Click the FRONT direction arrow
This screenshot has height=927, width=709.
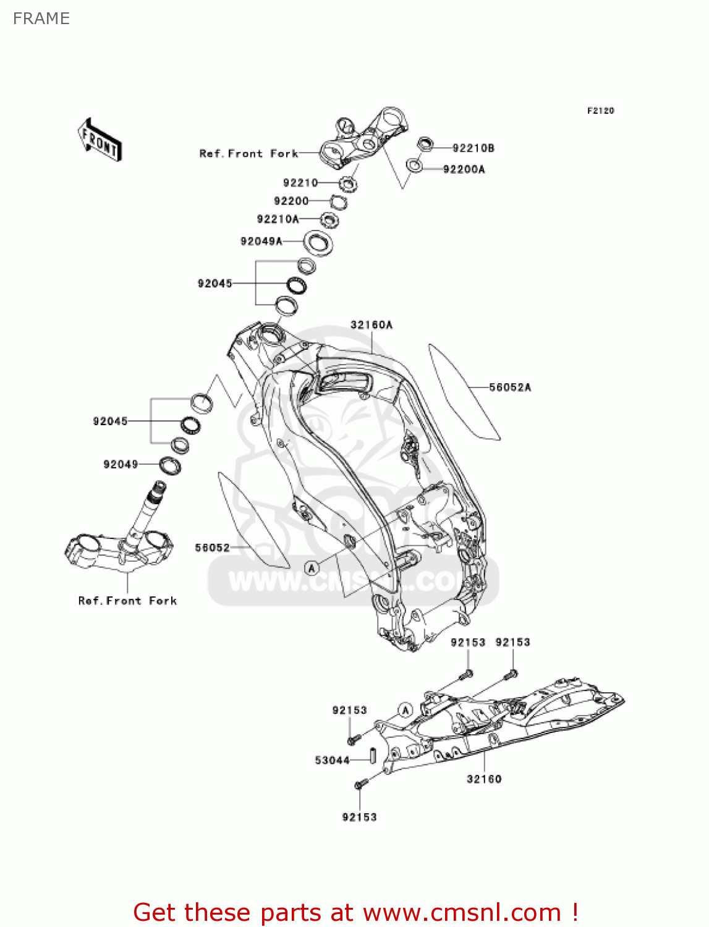[100, 140]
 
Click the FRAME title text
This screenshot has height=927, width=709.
[41, 19]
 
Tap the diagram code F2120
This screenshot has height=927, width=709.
[600, 111]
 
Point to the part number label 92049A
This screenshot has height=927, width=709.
[261, 241]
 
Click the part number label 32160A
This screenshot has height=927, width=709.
[371, 325]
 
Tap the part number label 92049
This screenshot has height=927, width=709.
[121, 464]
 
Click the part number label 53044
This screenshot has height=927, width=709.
[332, 760]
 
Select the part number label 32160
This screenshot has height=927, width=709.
[484, 779]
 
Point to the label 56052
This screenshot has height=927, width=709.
[212, 548]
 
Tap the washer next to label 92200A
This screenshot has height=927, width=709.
[414, 166]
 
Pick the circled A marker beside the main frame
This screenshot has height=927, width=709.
[312, 567]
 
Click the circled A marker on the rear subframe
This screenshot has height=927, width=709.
[405, 710]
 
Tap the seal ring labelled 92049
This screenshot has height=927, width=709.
[170, 465]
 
